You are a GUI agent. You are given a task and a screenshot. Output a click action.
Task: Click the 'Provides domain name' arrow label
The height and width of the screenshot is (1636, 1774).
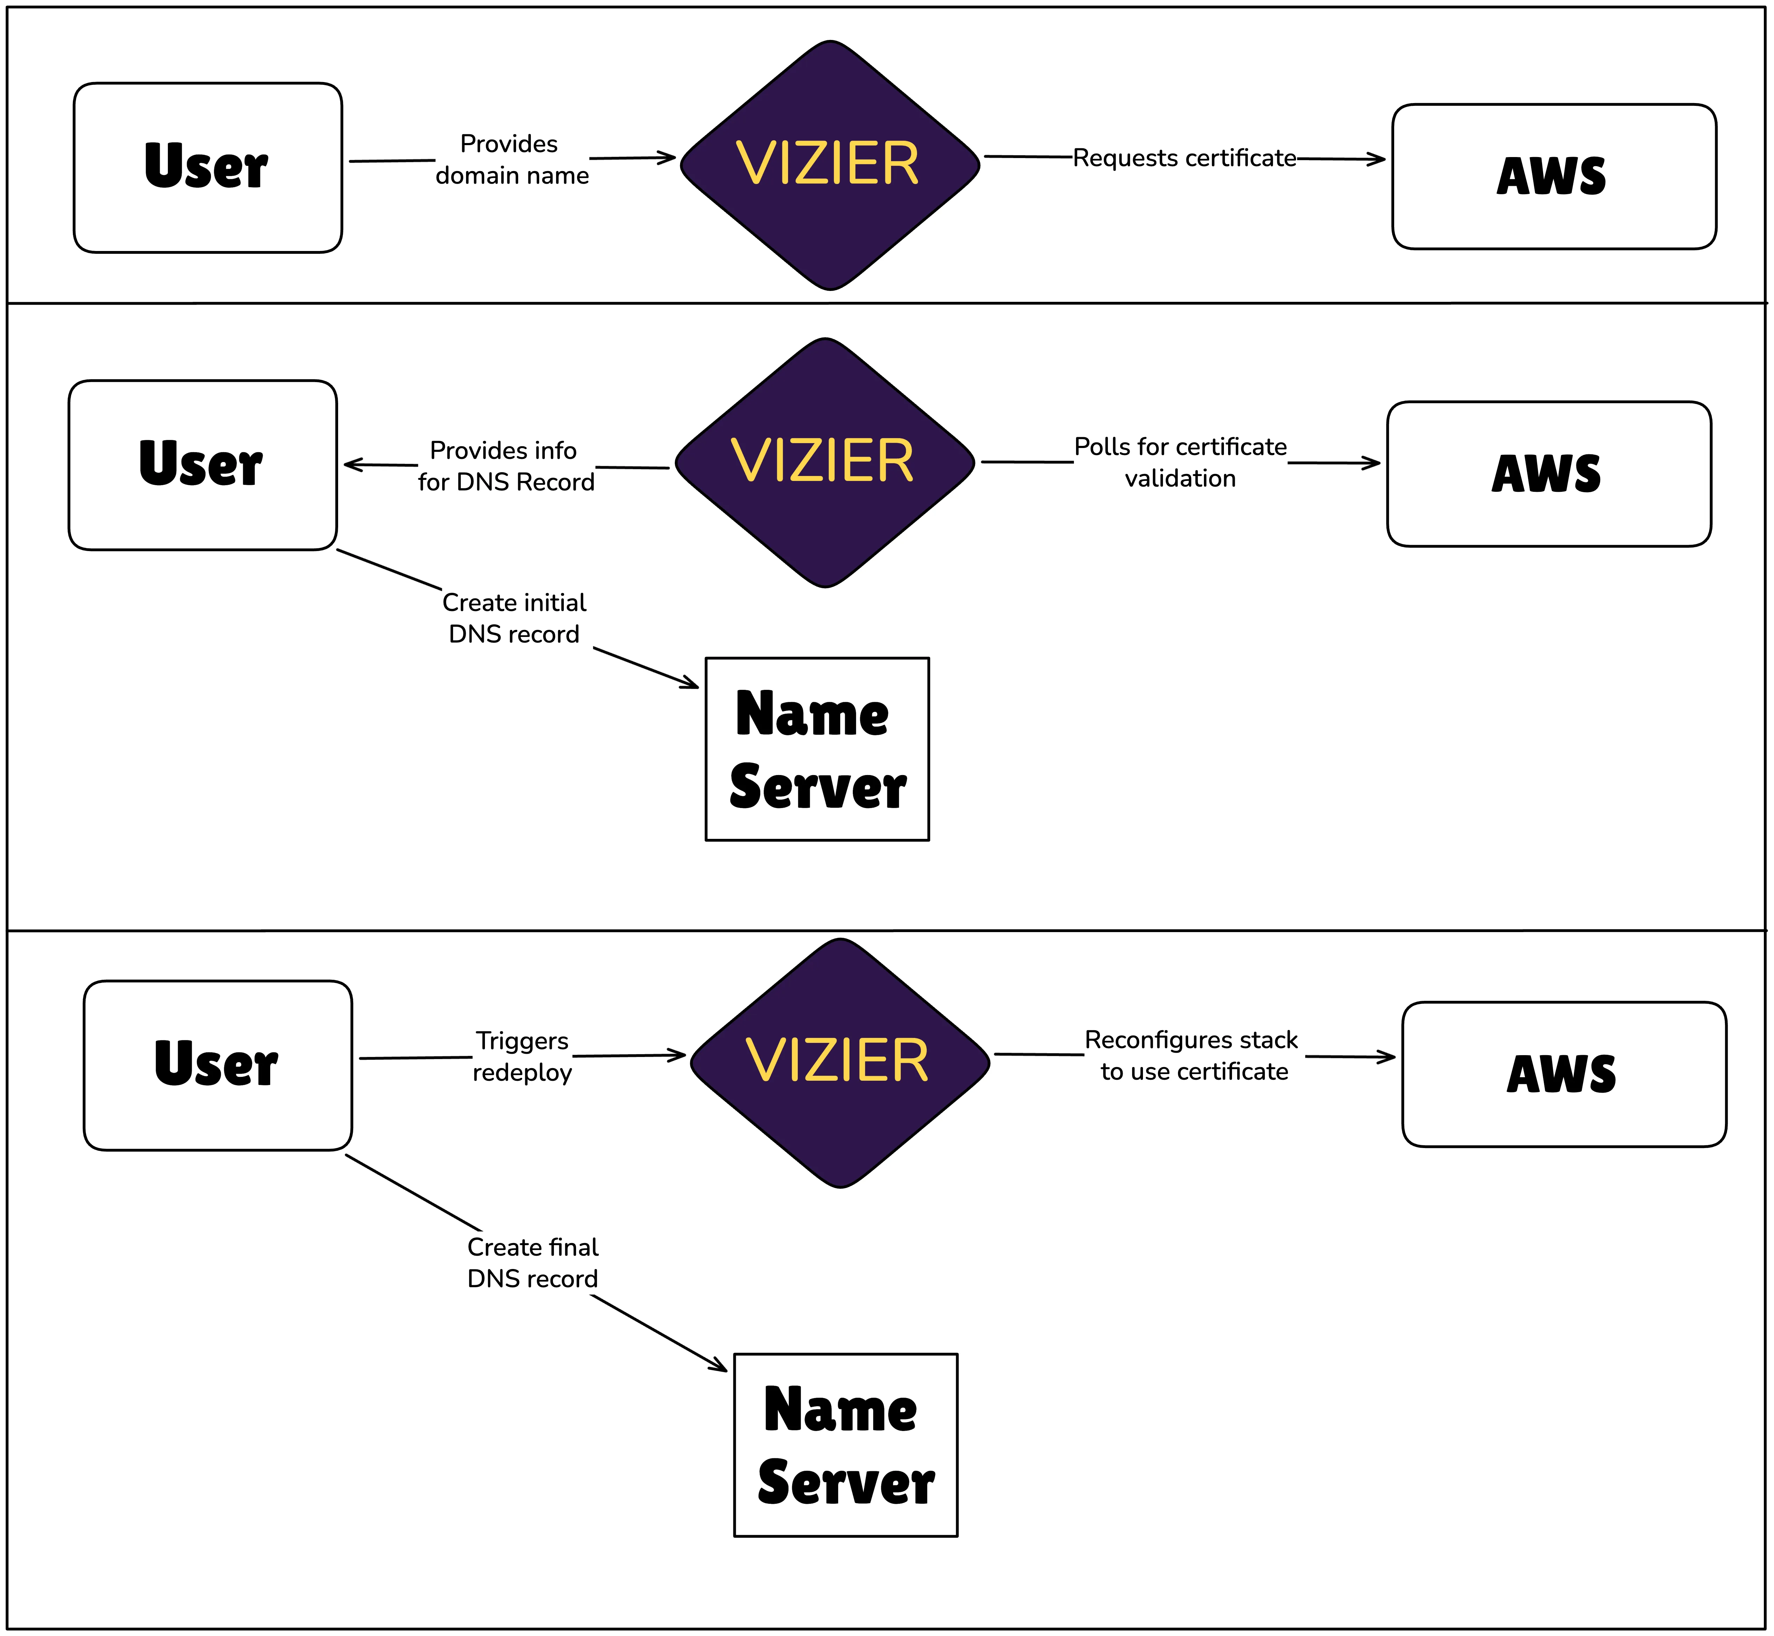pos(512,159)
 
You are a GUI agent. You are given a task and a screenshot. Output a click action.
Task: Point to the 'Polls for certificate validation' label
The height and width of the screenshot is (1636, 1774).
pos(1180,462)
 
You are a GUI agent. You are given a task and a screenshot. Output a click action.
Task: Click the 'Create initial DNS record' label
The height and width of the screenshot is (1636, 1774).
pos(514,618)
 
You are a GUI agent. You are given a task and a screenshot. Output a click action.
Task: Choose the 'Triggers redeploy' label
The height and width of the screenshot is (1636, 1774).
pos(522,1056)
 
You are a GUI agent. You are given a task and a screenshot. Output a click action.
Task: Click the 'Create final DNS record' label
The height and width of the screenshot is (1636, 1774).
pos(533,1262)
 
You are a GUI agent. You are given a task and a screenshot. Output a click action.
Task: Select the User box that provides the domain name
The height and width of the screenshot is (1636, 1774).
pos(208,168)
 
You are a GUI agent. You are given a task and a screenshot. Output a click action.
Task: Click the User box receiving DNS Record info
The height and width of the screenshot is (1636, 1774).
pos(203,466)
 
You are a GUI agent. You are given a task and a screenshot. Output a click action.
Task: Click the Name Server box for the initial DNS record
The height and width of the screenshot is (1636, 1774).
pos(817,749)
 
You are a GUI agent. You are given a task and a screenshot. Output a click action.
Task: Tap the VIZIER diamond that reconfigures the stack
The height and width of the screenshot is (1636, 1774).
pos(840,1063)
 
